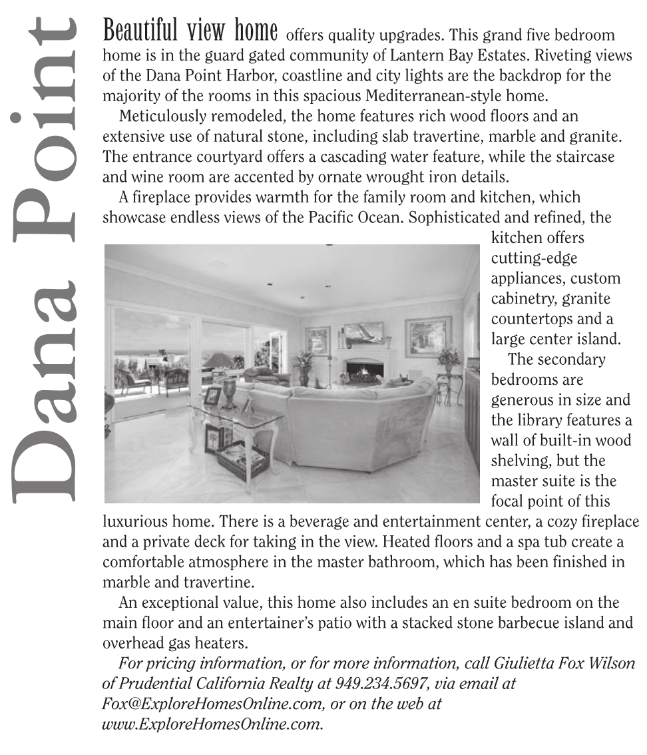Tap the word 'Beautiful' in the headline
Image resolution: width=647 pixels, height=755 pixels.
138,31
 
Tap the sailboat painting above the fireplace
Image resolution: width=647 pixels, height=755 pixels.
363,333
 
